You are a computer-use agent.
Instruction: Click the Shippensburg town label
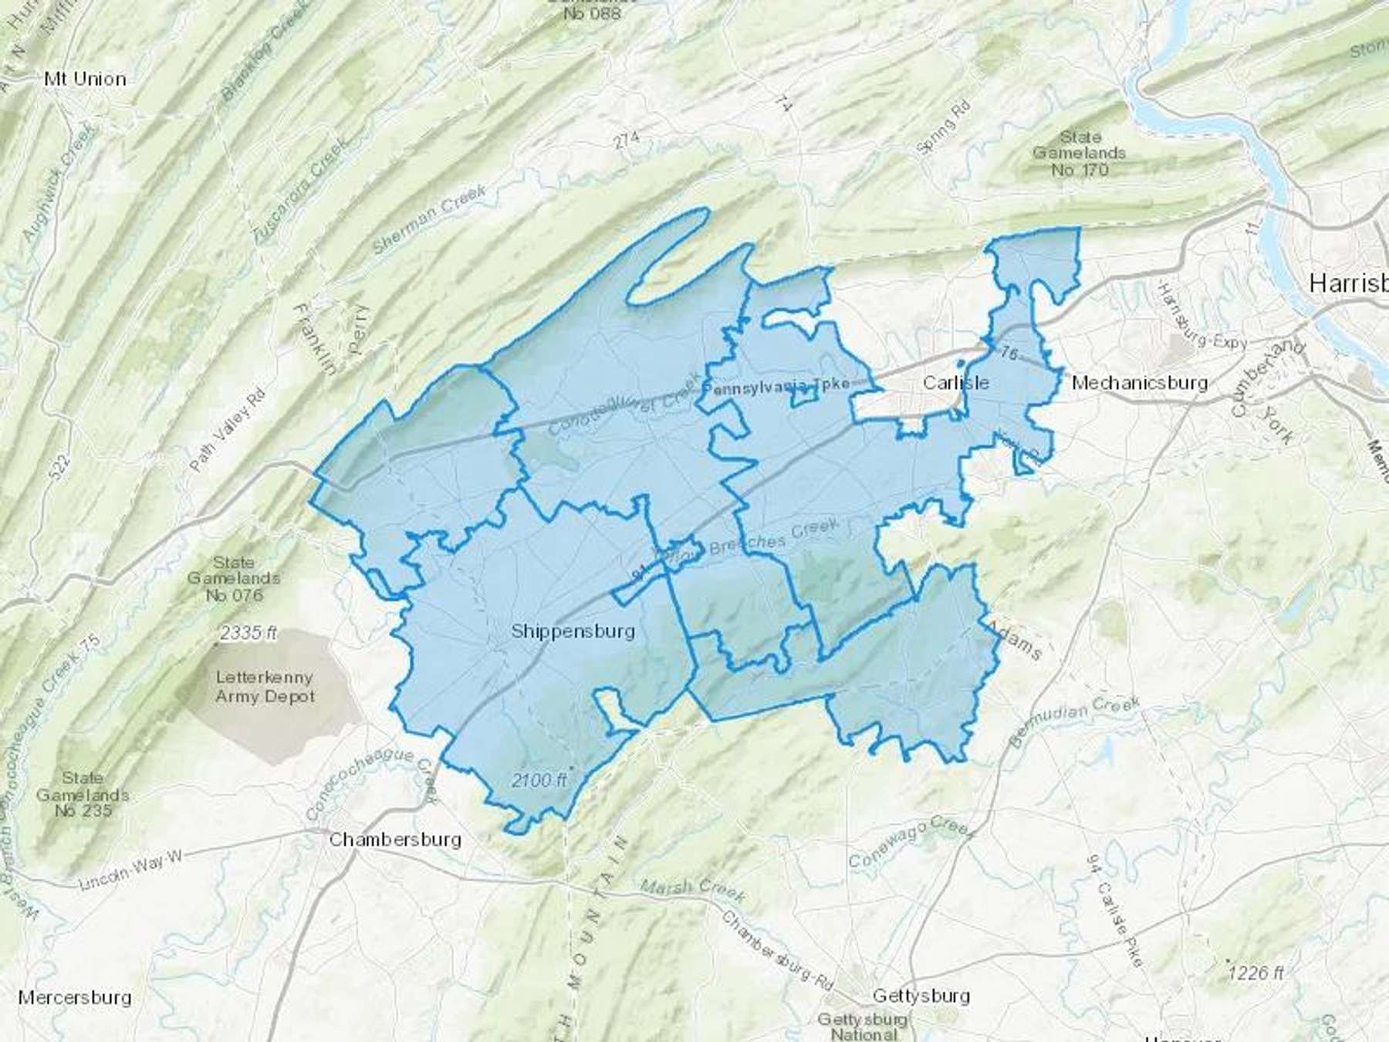(573, 631)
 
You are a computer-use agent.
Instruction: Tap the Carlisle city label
(955, 383)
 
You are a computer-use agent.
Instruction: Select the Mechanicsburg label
(1140, 382)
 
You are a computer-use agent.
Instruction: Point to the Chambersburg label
(394, 839)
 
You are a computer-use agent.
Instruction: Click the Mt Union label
(85, 79)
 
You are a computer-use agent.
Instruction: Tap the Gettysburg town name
(921, 996)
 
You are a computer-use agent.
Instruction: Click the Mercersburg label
(75, 997)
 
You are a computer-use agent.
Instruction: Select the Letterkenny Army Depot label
(265, 687)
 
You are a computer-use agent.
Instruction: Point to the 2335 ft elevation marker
(248, 634)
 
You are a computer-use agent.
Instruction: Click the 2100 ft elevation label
(539, 780)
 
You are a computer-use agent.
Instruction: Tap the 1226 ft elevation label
(1257, 973)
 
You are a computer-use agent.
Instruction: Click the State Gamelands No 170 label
(1080, 153)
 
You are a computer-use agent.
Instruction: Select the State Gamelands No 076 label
(234, 579)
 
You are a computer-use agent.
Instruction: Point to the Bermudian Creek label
(1074, 723)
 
